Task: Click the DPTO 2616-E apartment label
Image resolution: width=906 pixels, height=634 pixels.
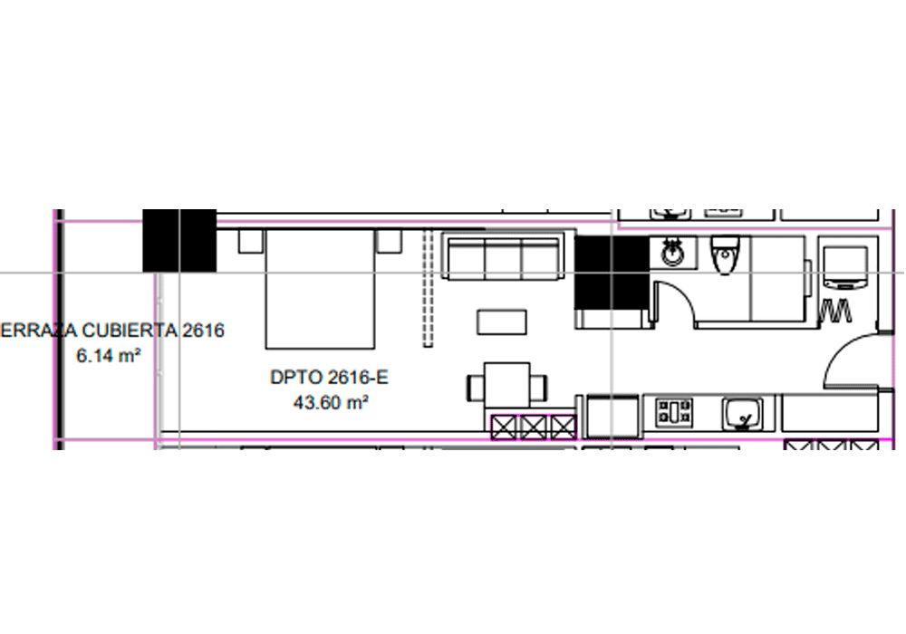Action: (x=330, y=377)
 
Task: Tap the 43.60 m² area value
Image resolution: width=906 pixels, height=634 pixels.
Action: (x=331, y=401)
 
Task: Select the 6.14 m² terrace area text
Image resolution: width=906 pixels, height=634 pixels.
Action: (x=109, y=355)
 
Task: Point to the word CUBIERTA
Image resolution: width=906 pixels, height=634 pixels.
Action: (x=130, y=331)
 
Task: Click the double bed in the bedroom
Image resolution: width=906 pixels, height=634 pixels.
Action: (x=320, y=289)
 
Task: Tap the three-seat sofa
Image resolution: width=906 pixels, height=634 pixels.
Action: (x=503, y=257)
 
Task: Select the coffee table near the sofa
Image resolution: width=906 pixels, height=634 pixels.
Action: (x=502, y=322)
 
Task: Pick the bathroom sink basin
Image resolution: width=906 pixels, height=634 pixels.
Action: (x=672, y=253)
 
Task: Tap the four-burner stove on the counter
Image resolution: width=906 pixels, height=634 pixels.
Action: (x=674, y=412)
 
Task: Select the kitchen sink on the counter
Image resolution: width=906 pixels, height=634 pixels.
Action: (x=742, y=414)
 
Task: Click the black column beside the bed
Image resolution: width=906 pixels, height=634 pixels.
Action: (x=179, y=240)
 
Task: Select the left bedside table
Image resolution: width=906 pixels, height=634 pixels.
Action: (x=251, y=241)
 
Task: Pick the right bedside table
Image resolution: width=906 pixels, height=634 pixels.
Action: (x=389, y=241)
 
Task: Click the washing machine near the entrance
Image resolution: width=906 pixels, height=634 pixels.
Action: (x=844, y=268)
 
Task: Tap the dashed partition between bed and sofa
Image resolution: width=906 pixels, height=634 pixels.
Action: (x=428, y=288)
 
